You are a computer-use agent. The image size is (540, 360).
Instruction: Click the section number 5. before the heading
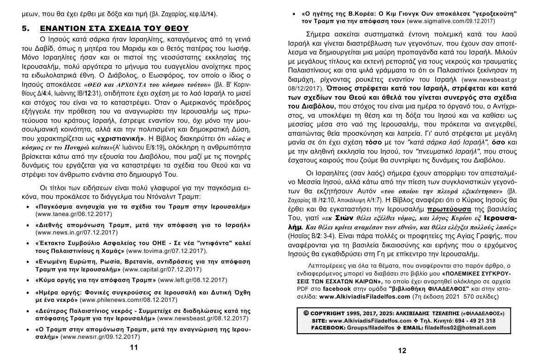(27, 29)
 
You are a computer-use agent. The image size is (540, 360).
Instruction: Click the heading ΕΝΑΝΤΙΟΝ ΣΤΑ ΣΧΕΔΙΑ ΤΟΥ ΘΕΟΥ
(115, 29)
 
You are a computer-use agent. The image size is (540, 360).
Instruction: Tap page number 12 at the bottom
(402, 350)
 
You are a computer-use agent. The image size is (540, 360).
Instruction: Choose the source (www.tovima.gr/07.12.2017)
(167, 251)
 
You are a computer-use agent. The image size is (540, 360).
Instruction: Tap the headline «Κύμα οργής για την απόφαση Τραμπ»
(96, 280)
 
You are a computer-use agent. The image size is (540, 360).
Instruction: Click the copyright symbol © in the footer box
(306, 313)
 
